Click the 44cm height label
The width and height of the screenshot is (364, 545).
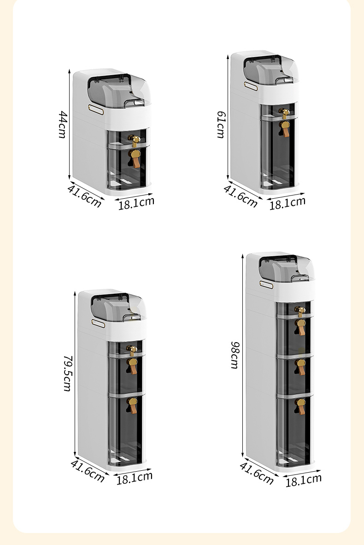[x=63, y=124]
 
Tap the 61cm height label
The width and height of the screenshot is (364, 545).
[x=221, y=124]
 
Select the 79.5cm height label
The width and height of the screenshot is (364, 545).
[x=68, y=373]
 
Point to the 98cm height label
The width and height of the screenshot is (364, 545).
[x=235, y=355]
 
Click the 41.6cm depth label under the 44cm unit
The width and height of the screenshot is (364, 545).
[x=84, y=196]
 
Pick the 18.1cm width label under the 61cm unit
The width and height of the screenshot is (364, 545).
[x=288, y=203]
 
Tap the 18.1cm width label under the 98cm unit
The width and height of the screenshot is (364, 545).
[x=304, y=480]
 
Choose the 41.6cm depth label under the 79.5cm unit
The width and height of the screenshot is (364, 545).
[x=88, y=471]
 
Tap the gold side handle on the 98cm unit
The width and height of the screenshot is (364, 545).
[x=266, y=284]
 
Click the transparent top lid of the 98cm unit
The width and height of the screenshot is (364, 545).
[x=287, y=268]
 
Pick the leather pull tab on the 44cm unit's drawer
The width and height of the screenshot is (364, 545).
[x=135, y=159]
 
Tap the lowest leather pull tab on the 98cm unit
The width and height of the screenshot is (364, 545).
[x=300, y=406]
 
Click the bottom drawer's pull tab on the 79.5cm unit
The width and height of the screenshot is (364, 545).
[x=132, y=406]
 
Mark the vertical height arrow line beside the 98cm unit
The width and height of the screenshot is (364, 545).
[x=243, y=355]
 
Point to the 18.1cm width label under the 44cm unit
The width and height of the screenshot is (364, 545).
[x=136, y=203]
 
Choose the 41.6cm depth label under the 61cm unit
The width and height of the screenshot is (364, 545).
[x=241, y=196]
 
